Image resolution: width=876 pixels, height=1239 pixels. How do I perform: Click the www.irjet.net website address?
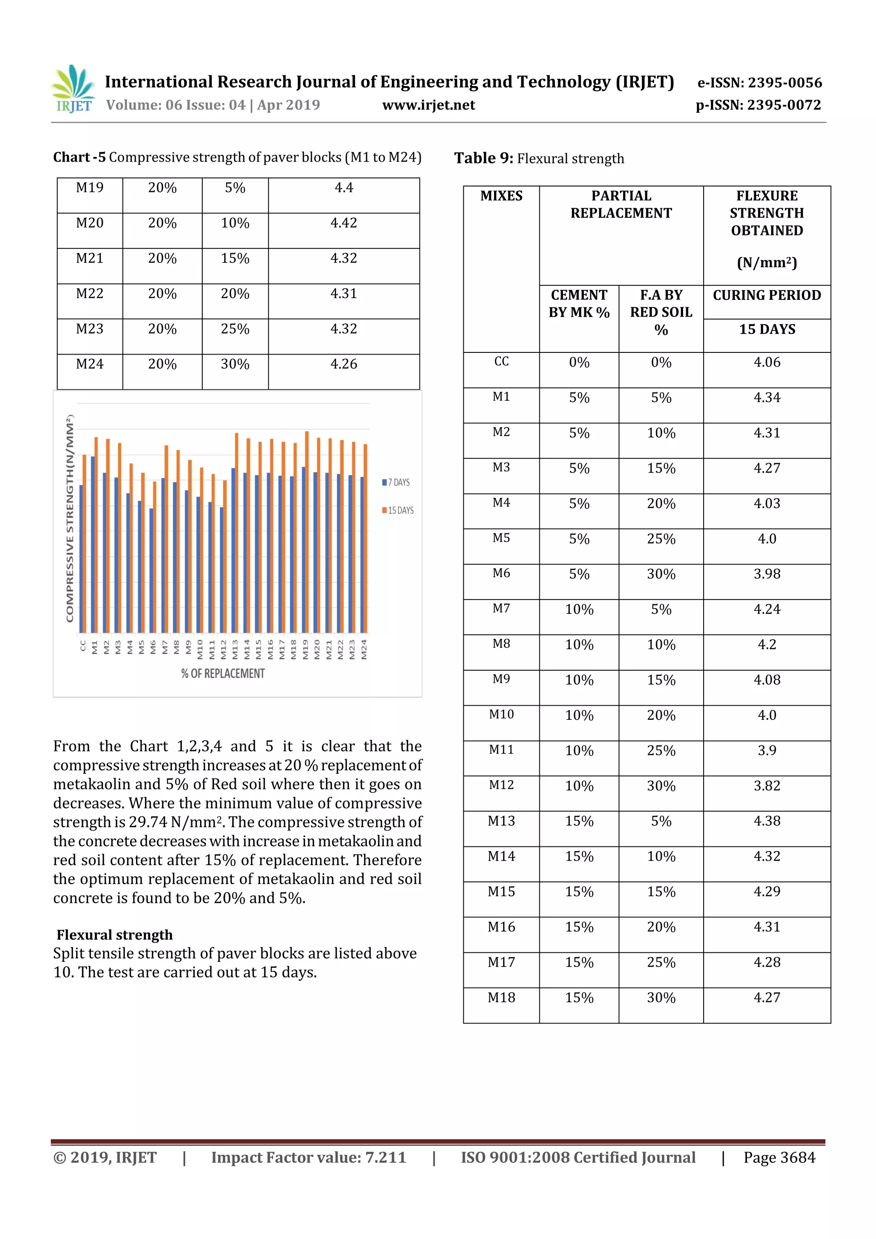tap(429, 105)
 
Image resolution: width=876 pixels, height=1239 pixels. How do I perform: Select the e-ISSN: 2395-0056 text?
tap(759, 83)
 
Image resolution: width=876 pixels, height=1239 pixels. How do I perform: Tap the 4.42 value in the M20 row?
tap(344, 223)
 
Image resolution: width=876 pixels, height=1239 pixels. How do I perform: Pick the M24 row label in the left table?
tap(89, 364)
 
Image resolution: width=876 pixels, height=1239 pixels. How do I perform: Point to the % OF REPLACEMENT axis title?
tap(223, 674)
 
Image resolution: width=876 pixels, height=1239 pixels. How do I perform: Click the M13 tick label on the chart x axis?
tap(235, 649)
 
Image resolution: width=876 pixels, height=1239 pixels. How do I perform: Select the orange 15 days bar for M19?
tap(307, 532)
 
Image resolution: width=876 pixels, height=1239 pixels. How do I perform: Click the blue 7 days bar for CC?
tap(81, 559)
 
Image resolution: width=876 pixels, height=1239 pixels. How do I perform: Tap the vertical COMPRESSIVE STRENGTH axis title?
tap(70, 518)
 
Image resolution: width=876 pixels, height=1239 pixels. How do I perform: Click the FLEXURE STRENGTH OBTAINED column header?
tap(766, 213)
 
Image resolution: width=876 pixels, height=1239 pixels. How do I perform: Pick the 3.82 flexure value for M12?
tap(766, 786)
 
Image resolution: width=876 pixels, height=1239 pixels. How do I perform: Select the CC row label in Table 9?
tap(501, 361)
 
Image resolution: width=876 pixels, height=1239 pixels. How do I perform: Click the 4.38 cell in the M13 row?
tap(766, 821)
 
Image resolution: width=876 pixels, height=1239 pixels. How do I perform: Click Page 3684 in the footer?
tap(779, 1157)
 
